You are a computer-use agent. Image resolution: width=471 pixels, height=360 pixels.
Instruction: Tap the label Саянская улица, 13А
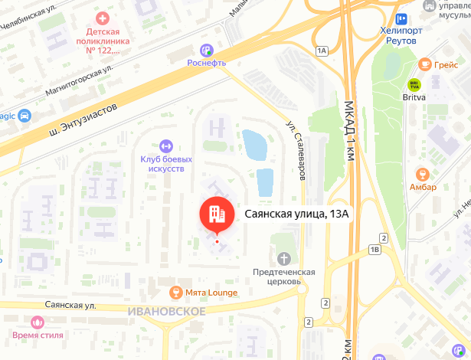point(296,214)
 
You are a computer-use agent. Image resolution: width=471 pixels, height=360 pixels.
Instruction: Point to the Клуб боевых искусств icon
point(166,146)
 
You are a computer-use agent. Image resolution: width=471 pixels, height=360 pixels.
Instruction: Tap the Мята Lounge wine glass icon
point(176,292)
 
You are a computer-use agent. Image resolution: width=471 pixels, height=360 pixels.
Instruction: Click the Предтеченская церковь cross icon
point(285,258)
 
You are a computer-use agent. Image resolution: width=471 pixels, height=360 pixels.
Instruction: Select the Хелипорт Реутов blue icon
point(401,19)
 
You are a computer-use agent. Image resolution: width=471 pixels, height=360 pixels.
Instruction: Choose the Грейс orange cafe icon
point(424,64)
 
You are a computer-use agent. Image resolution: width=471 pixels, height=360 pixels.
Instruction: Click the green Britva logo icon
point(414,84)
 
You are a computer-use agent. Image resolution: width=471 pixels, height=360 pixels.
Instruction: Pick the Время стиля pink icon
point(38,322)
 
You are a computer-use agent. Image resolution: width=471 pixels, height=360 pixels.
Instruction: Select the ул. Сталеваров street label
point(296,149)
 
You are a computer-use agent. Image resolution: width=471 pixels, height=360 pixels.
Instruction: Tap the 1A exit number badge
point(321,51)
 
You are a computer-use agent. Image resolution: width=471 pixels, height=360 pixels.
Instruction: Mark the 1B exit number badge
point(375,249)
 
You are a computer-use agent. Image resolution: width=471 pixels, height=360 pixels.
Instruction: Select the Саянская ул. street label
point(70,305)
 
